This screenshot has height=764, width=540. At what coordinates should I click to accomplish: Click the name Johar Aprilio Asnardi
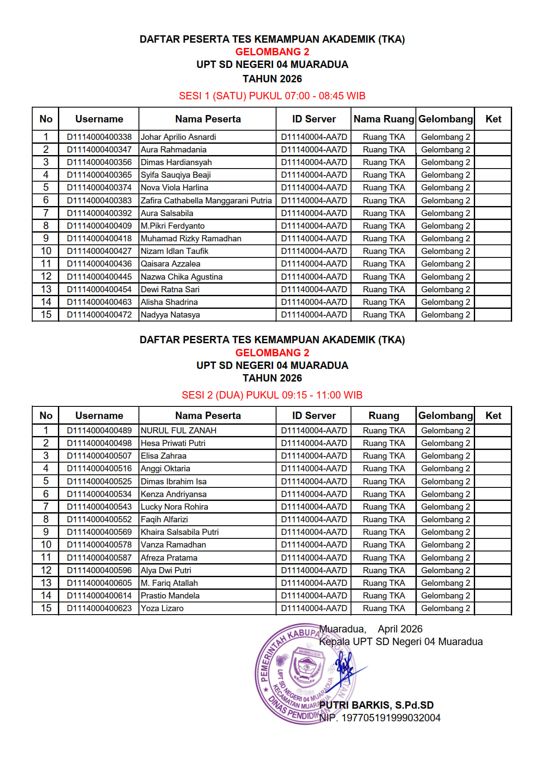pyautogui.click(x=178, y=137)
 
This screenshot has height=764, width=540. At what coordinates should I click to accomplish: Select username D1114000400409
pyautogui.click(x=99, y=226)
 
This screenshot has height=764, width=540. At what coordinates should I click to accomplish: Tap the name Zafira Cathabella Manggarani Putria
pyautogui.click(x=206, y=200)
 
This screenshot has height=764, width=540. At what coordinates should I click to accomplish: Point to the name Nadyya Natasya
pyautogui.click(x=170, y=314)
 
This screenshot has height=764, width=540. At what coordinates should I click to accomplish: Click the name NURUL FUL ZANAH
pyautogui.click(x=179, y=430)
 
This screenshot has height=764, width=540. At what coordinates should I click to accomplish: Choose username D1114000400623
pyautogui.click(x=99, y=608)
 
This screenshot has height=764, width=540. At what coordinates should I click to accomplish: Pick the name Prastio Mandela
pyautogui.click(x=170, y=595)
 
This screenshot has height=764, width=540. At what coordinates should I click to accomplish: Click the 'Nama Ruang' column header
pyautogui.click(x=384, y=119)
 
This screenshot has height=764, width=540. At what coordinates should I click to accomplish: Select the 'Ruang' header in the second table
pyautogui.click(x=384, y=416)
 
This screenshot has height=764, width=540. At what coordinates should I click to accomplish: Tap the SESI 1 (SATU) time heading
pyautogui.click(x=272, y=96)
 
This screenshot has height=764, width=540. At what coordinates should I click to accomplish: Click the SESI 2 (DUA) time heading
pyautogui.click(x=272, y=395)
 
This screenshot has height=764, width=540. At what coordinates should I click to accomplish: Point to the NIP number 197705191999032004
pyautogui.click(x=380, y=718)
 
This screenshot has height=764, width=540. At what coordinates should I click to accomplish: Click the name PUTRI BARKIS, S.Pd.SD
pyautogui.click(x=376, y=705)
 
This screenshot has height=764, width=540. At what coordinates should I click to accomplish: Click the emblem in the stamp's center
pyautogui.click(x=307, y=667)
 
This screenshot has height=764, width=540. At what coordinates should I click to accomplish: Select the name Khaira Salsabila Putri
pyautogui.click(x=179, y=532)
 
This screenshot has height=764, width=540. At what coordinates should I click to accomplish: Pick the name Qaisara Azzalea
pyautogui.click(x=170, y=264)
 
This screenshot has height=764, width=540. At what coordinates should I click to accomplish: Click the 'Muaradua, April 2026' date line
pyautogui.click(x=371, y=629)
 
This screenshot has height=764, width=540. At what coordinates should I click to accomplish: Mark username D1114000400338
pyautogui.click(x=99, y=137)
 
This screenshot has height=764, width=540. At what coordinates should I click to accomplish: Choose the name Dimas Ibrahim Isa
pyautogui.click(x=173, y=481)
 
